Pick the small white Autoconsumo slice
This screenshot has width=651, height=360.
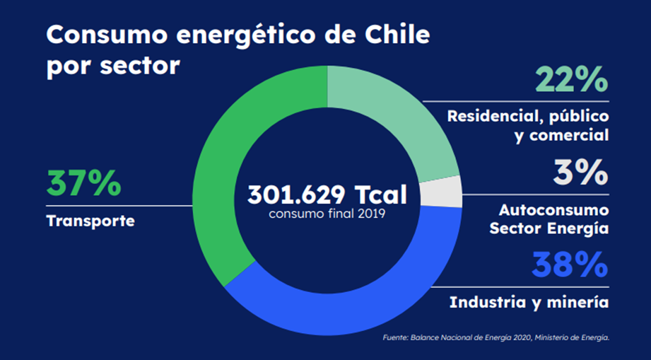coord(441,192)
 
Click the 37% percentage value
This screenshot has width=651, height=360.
coord(83,183)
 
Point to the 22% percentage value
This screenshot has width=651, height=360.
coord(571,79)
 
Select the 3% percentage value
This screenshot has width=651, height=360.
coord(580,172)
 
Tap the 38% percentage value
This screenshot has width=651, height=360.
coord(570,265)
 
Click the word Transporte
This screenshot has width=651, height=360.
coord(90,221)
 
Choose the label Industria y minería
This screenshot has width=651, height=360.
coord(529,302)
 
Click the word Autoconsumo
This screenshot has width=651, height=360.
coord(553,210)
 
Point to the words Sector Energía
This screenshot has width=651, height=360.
coord(549,228)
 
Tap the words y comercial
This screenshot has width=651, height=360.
coord(562,135)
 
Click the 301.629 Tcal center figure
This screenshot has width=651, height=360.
coord(327,194)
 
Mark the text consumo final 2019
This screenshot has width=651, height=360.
coord(327,214)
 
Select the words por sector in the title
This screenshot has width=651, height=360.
coord(113,66)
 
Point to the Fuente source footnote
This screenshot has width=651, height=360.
coord(495,337)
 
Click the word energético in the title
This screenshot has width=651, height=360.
coord(247,35)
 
